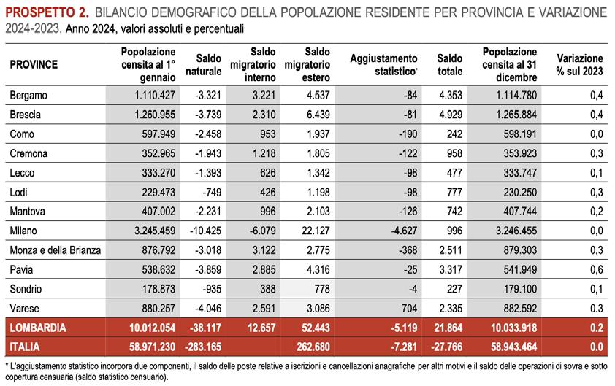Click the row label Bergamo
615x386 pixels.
[28, 96]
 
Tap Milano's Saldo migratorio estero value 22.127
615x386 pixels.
[316, 231]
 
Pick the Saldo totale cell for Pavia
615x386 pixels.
[451, 269]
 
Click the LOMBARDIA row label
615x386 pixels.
[38, 328]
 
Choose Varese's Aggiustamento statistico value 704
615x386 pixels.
[409, 308]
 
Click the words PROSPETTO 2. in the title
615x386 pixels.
[47, 12]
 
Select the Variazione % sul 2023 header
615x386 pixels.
[580, 65]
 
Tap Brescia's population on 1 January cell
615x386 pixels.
[155, 115]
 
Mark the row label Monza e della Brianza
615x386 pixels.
[56, 250]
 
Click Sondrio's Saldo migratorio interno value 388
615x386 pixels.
[268, 289]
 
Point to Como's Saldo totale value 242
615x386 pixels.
[454, 134]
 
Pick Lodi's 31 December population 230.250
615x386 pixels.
[520, 192]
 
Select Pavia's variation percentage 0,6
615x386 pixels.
[597, 269]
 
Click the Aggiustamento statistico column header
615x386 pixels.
[383, 65]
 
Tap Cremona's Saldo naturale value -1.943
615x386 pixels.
[208, 153]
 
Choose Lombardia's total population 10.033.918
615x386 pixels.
[513, 328]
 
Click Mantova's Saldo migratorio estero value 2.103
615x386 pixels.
[318, 211]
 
